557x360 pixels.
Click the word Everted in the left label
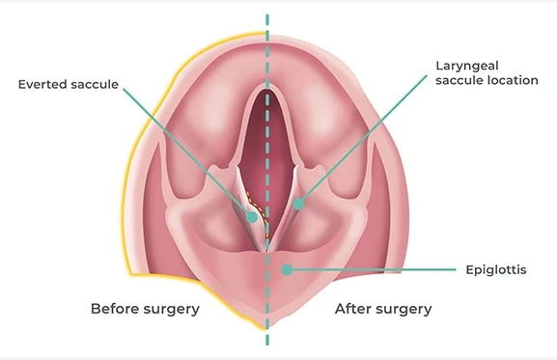point(42,84)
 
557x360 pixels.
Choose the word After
point(352,309)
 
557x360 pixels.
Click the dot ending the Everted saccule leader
point(253,217)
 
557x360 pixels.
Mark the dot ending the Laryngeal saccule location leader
point(298,205)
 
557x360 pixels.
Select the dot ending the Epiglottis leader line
point(286,270)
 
